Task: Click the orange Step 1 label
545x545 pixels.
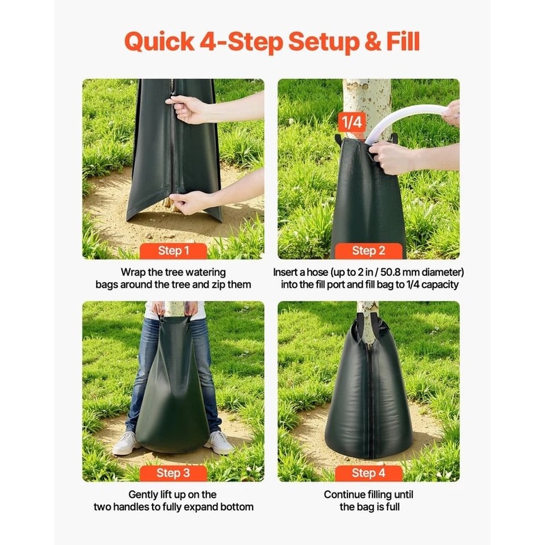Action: coord(174,251)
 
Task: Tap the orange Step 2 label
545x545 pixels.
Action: coord(369,251)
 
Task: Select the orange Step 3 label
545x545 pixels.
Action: coord(174,473)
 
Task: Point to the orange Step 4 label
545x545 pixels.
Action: coord(369,473)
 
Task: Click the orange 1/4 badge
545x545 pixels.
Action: coord(352,123)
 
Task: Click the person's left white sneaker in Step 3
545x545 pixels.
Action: coord(219,443)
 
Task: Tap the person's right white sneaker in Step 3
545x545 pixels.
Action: coord(127,443)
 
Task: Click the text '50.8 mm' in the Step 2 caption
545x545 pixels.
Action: coord(410,272)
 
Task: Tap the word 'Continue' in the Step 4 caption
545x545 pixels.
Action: coord(347,495)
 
